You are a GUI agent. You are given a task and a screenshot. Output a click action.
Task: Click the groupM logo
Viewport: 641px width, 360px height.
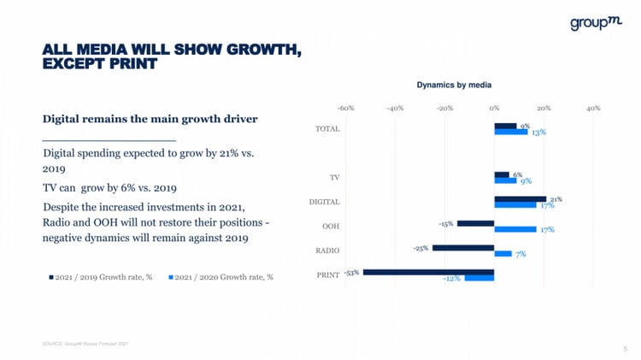click(595, 24)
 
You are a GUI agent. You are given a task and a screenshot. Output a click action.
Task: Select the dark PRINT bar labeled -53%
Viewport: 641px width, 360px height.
click(428, 273)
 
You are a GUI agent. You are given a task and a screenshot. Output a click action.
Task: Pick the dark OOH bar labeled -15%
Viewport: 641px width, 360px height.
click(475, 223)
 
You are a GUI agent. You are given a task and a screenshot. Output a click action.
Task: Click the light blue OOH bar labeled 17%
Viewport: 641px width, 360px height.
click(515, 229)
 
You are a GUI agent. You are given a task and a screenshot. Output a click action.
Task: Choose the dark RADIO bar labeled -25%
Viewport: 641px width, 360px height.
click(463, 248)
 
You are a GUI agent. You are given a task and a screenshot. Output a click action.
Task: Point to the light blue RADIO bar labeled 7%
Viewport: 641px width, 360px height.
click(503, 254)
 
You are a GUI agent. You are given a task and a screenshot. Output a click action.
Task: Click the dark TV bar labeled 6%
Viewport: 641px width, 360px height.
click(502, 174)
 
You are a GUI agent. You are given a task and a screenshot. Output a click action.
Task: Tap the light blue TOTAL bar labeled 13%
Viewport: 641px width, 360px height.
click(510, 132)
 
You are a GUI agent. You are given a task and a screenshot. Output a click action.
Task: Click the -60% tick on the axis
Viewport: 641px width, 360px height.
click(346, 109)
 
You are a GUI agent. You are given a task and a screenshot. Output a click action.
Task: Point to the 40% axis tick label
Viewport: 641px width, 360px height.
click(593, 109)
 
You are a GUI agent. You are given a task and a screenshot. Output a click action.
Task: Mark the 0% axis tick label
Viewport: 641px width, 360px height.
click(494, 109)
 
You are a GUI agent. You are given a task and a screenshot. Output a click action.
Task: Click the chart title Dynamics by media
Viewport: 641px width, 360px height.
click(454, 85)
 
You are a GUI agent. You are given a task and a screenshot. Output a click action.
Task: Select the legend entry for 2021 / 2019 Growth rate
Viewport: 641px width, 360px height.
click(100, 277)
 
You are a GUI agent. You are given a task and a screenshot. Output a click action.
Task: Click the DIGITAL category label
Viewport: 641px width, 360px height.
click(324, 202)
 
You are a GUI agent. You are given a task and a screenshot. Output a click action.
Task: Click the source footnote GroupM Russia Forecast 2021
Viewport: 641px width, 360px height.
click(85, 344)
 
